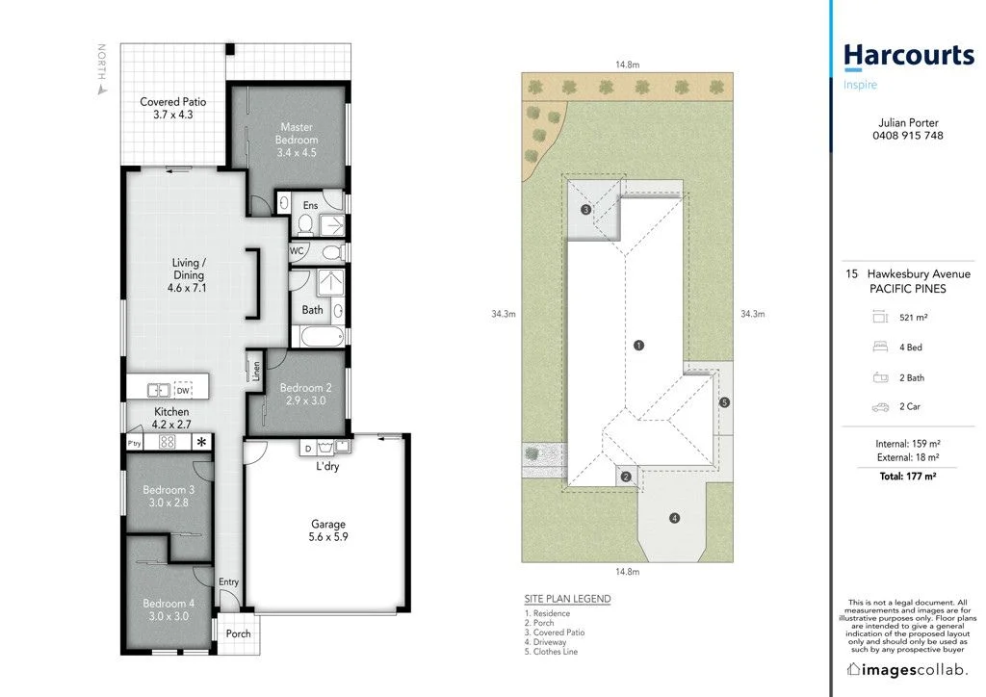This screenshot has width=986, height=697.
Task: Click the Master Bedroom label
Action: [x=298, y=140]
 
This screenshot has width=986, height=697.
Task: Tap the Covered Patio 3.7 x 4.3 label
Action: [x=173, y=108]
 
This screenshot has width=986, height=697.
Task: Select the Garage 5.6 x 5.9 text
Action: [x=327, y=530]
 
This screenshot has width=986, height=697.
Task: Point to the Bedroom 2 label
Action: [x=303, y=394]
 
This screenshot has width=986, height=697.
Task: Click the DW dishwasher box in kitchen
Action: [x=183, y=390]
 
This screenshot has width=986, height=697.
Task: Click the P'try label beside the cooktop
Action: [x=135, y=443]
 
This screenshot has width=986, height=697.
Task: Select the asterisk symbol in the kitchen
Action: [x=201, y=443]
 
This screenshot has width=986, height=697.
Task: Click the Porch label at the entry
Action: [x=238, y=634]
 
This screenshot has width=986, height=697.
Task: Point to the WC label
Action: [x=298, y=251]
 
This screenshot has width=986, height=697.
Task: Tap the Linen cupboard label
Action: [x=256, y=372]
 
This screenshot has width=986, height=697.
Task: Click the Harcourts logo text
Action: [x=909, y=56]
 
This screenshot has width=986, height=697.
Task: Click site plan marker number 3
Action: [x=585, y=210]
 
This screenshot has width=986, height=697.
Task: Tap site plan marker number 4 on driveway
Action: [x=675, y=519]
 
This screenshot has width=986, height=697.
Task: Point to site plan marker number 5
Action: [x=725, y=402]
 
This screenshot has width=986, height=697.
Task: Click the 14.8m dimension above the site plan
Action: [x=628, y=65]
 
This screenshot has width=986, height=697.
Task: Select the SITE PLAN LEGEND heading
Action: [x=567, y=599]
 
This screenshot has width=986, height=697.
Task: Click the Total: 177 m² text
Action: [x=907, y=477]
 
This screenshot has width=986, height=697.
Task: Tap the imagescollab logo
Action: [x=907, y=669]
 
